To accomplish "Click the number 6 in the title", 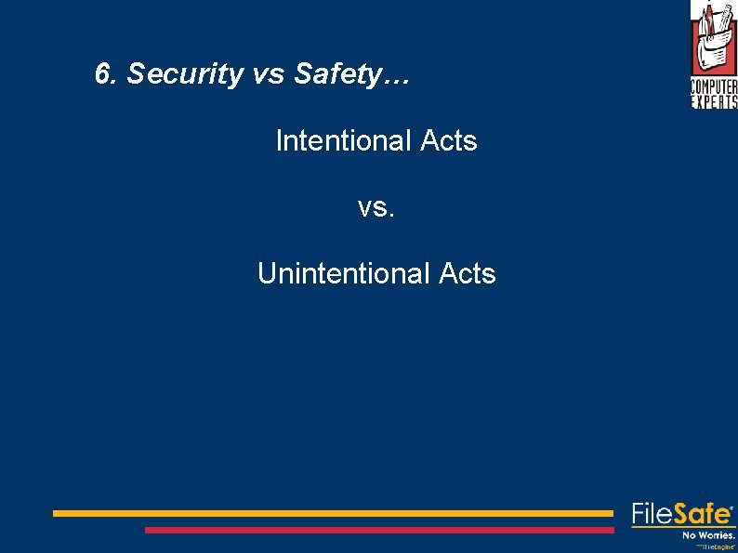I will point(102,74).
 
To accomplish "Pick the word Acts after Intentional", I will point(448,141).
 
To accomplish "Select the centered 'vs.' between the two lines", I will point(376,208).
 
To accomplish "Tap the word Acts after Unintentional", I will point(467,274).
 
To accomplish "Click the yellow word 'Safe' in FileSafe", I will point(702,513).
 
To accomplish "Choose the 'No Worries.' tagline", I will point(708,535).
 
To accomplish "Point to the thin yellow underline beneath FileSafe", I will point(683,527).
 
